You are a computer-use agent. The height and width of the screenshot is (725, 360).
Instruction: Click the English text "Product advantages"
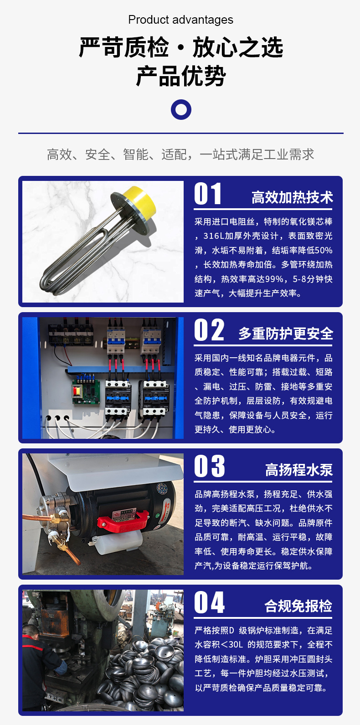[180, 20]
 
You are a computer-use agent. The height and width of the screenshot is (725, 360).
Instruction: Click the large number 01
[208, 194]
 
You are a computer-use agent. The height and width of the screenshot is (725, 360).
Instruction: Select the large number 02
[209, 330]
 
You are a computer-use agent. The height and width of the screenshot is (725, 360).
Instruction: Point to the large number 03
[210, 466]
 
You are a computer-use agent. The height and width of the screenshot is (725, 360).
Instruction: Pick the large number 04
[210, 602]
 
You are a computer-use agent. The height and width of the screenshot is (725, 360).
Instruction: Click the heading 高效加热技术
[293, 197]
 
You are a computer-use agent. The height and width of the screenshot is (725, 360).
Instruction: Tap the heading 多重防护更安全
[286, 334]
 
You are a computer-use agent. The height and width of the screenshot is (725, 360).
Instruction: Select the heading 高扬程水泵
[299, 470]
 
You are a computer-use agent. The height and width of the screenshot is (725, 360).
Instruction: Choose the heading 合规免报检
[298, 606]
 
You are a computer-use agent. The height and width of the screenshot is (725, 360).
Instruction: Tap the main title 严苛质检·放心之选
[181, 47]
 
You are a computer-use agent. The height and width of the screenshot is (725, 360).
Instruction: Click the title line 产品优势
[181, 76]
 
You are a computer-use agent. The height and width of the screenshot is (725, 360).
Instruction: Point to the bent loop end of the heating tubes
[49, 282]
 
